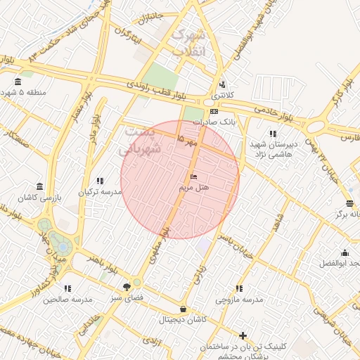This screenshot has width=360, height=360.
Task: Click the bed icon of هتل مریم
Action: click(193, 176)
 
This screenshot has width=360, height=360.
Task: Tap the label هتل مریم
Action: click(191, 188)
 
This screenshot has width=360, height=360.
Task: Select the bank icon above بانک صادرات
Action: click(214, 110)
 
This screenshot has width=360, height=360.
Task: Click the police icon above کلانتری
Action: click(222, 84)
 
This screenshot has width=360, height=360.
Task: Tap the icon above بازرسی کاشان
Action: click(38, 186)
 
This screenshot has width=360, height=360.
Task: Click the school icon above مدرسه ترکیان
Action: click(100, 180)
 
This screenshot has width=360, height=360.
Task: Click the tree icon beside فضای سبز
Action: click(127, 287)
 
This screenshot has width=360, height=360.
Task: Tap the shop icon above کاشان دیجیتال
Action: click(184, 308)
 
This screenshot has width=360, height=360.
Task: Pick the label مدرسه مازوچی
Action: click(239, 300)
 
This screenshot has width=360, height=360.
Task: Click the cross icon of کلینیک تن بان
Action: click(243, 336)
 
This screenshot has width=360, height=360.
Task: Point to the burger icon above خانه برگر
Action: click(349, 203)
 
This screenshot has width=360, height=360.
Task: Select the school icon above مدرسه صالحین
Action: click(67, 288)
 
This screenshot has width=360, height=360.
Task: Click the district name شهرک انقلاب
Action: click(188, 42)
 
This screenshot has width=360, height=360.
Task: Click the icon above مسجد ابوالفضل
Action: click(345, 253)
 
